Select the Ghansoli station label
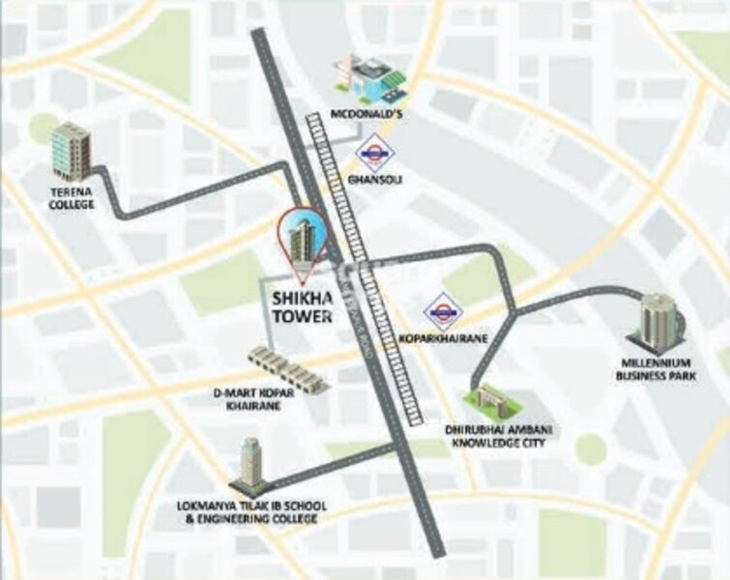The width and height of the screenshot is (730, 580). point(372,182)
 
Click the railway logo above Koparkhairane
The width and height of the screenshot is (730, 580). point(444,310)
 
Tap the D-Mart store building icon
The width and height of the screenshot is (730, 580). point(287,367)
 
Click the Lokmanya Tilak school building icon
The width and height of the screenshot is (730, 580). point(251,466)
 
